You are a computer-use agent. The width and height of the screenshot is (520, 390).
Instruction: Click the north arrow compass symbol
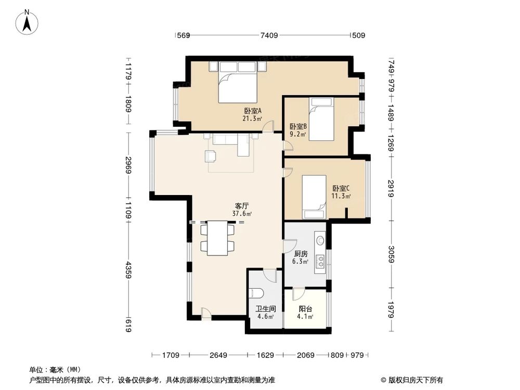(27, 22)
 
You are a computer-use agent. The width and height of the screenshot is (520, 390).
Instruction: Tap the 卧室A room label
(253, 111)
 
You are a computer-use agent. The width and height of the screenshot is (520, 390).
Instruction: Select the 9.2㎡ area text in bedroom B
(298, 134)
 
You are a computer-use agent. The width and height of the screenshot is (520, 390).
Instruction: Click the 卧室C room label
(341, 188)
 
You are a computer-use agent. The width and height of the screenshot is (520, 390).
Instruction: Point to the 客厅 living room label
(242, 206)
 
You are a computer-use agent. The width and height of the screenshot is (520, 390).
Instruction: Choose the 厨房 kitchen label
(301, 254)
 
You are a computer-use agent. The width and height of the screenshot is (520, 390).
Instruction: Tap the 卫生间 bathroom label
(266, 309)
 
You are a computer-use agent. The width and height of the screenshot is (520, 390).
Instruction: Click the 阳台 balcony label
(305, 309)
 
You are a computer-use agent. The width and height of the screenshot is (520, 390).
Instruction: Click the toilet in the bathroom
(256, 293)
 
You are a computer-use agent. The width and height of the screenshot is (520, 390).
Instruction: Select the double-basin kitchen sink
(320, 261)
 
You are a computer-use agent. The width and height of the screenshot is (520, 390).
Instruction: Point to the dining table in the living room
(217, 238)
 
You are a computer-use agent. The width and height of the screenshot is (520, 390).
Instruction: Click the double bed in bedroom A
(238, 82)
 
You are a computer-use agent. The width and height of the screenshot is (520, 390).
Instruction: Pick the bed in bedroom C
(314, 197)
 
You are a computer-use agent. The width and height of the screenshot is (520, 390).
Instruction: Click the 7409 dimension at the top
(269, 35)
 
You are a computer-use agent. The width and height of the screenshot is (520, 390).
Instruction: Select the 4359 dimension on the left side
(128, 270)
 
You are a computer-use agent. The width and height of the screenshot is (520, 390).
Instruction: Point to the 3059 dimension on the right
(392, 254)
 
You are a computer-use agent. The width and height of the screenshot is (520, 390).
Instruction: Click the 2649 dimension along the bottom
(218, 355)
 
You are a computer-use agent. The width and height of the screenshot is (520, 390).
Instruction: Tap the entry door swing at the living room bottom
(206, 314)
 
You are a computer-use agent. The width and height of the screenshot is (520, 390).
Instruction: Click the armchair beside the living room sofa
(210, 156)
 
